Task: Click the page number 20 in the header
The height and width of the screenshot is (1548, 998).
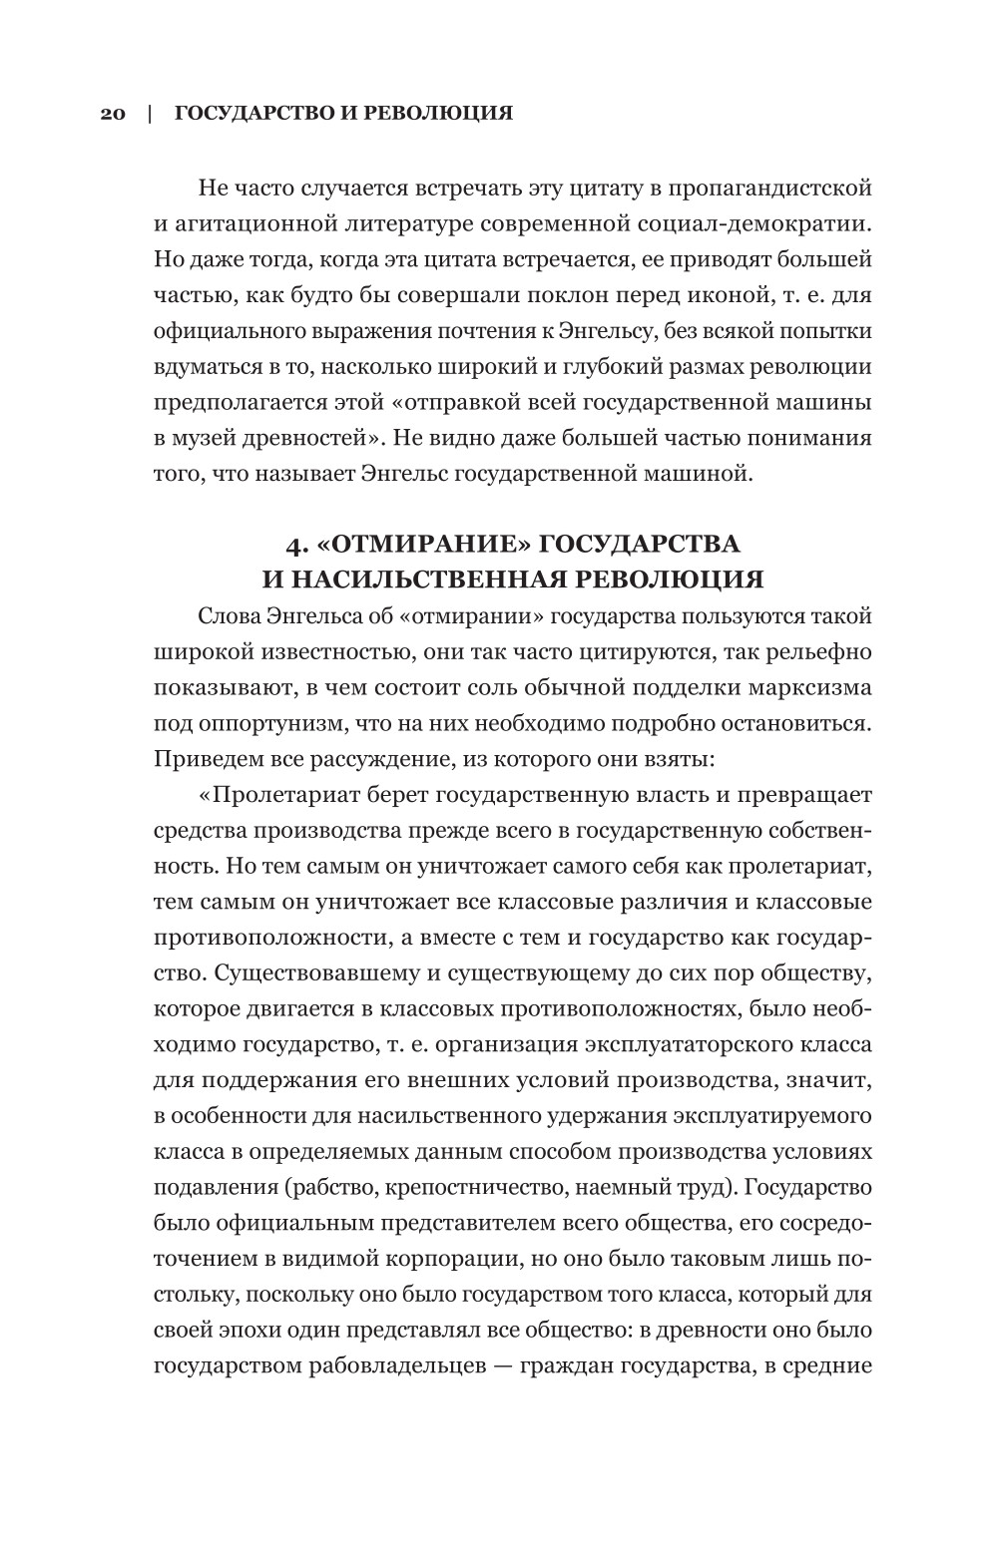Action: click(112, 113)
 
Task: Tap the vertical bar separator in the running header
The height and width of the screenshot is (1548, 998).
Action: click(150, 113)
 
